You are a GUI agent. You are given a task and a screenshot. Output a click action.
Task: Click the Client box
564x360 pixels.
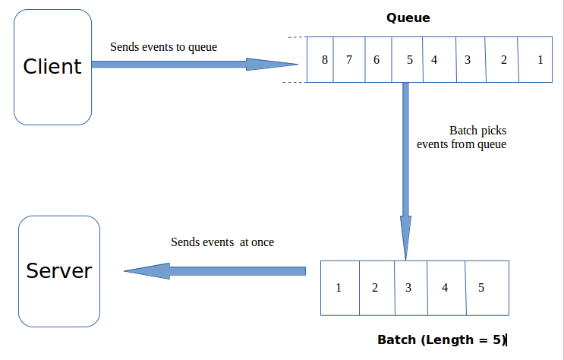[52, 67]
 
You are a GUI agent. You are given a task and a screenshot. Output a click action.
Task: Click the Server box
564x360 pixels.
[59, 271]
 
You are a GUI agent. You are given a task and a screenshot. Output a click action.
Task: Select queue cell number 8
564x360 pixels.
[325, 59]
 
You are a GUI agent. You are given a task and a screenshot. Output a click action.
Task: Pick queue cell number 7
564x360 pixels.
[349, 59]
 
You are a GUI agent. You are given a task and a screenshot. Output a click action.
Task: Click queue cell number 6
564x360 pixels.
[376, 59]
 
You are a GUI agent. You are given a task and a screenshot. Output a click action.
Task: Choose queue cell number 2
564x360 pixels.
[503, 59]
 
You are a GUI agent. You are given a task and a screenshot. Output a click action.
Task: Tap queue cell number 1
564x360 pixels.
[540, 59]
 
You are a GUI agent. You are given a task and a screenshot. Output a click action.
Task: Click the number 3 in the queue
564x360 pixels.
[468, 59]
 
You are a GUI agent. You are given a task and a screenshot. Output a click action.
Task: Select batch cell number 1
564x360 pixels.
[339, 288]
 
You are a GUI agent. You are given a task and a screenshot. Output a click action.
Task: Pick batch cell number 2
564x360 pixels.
[375, 288]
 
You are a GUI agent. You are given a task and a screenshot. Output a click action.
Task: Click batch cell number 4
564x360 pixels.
[445, 288]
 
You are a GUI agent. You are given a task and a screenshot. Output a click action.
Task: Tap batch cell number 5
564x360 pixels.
[481, 288]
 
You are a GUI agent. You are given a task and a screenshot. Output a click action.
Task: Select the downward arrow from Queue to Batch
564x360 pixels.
[405, 167]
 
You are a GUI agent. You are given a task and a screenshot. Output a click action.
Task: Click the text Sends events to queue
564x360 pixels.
[163, 47]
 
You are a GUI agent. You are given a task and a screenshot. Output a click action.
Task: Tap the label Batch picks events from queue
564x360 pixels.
[462, 137]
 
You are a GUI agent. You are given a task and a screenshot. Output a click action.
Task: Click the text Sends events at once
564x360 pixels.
[222, 242]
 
